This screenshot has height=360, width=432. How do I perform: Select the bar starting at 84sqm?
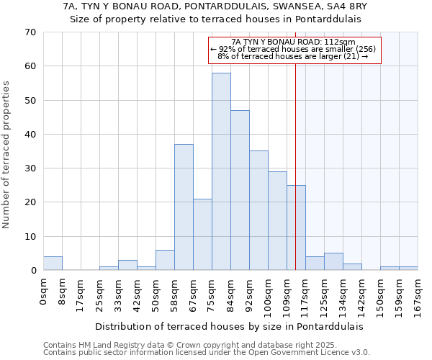click(x=240, y=190)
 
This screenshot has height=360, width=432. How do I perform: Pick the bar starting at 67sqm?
click(x=202, y=234)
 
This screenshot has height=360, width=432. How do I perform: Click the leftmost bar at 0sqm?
click(x=53, y=264)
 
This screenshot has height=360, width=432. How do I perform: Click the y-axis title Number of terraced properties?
click(x=7, y=155)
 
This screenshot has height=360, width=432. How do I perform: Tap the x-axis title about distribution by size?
click(x=229, y=326)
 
